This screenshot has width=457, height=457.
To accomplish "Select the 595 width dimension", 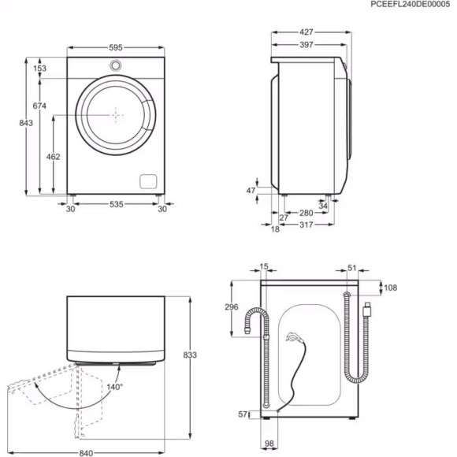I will [x=116, y=46].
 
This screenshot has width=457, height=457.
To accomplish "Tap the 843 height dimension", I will [x=27, y=124].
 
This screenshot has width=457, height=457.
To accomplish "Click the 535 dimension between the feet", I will [x=116, y=205].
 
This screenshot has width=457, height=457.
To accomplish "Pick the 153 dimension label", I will [x=39, y=69].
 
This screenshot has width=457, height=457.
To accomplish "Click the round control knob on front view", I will [x=116, y=65].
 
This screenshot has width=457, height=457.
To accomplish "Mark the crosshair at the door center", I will [x=116, y=114].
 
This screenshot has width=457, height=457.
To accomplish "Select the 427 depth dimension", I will [x=307, y=32].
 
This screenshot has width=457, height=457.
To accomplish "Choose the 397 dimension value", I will [x=307, y=45].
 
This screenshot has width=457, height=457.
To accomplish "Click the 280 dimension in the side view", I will [x=307, y=213].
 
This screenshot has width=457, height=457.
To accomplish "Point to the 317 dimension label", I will [x=307, y=225].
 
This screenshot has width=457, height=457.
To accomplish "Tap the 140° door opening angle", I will [x=115, y=387].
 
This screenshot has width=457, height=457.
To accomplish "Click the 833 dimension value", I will [x=190, y=355].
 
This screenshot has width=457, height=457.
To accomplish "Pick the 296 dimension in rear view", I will [x=232, y=307].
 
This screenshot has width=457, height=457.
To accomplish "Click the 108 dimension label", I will [x=391, y=288].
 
